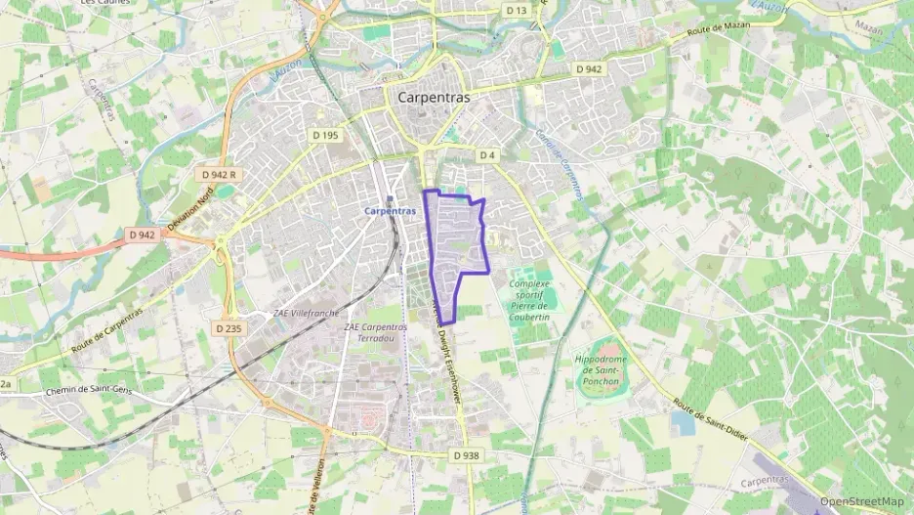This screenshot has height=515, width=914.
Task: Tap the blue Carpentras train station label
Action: click(389, 211)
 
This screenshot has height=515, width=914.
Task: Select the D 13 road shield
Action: click(517, 10)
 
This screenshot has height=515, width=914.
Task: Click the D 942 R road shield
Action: click(220, 174)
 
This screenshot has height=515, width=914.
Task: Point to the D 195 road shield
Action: click(325, 135)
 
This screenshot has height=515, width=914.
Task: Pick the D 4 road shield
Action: click(487, 155)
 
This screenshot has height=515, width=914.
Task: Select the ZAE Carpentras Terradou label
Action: click(375, 332)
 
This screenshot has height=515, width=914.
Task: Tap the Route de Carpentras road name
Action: click(106, 331)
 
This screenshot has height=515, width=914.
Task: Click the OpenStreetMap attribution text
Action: click(861, 501)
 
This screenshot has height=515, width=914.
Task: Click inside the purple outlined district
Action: click(455, 239)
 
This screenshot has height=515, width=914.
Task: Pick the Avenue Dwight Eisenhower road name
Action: click(448, 352)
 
